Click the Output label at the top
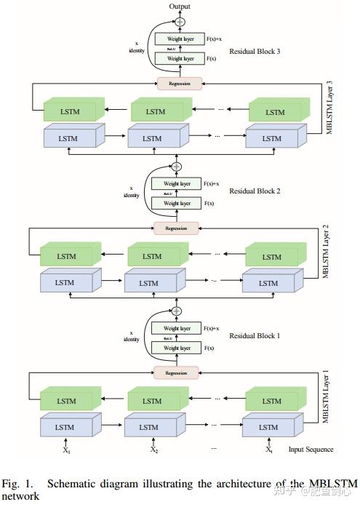click(x=180, y=7)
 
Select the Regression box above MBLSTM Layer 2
click(x=177, y=228)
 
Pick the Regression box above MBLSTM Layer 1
click(x=177, y=372)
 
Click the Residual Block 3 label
click(x=255, y=52)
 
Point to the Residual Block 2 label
click(x=255, y=191)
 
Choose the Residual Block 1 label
click(x=255, y=336)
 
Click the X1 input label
click(x=66, y=450)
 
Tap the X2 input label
click(x=154, y=450)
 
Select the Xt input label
click(x=269, y=450)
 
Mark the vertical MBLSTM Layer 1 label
click(x=327, y=396)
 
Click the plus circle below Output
click(x=180, y=22)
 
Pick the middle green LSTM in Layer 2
click(x=151, y=256)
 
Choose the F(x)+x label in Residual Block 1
click(x=212, y=329)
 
